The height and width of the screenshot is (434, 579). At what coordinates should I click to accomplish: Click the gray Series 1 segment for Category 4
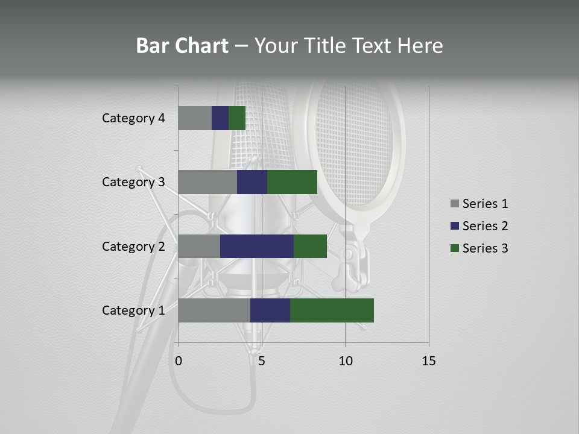(x=194, y=118)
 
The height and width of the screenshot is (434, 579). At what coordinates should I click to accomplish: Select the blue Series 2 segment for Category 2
(x=256, y=246)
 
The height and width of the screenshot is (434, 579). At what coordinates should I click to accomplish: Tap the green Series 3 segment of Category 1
(x=332, y=310)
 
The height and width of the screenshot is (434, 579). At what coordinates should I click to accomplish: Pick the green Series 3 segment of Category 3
(x=292, y=182)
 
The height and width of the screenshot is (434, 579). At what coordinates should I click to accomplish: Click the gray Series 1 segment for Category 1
(x=214, y=310)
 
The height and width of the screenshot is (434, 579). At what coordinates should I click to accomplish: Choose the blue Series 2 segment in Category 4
(x=220, y=118)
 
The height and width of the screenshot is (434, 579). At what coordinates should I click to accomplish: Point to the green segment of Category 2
(x=310, y=246)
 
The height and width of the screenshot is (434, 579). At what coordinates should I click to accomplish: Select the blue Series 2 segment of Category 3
(x=252, y=182)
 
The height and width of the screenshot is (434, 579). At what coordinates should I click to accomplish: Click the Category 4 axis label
(x=133, y=118)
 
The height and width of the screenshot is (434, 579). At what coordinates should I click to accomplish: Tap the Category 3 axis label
(x=133, y=182)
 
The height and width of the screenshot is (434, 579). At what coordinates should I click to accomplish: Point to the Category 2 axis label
(x=133, y=247)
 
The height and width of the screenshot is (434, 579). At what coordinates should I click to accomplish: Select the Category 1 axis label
(x=133, y=310)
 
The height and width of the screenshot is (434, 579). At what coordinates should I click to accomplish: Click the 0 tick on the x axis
(x=179, y=361)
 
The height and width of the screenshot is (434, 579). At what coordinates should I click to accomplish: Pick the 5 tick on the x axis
(x=262, y=361)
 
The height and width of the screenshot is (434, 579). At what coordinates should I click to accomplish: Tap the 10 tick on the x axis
(x=345, y=361)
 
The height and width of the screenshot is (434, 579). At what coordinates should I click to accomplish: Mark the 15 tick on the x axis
(x=428, y=361)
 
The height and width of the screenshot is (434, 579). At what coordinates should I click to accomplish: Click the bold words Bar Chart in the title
(x=182, y=46)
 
